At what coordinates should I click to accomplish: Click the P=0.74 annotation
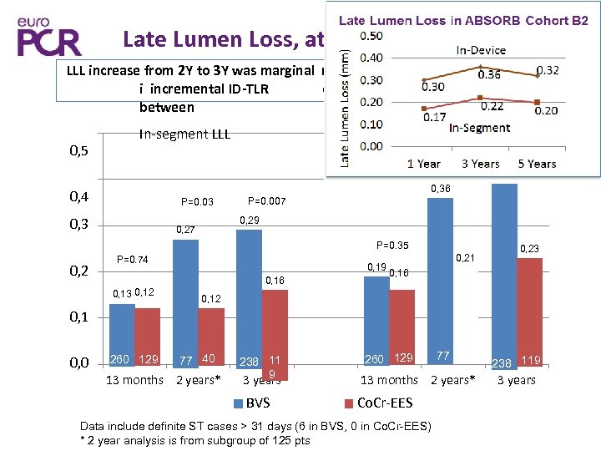click(132, 260)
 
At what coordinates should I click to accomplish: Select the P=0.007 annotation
click(267, 201)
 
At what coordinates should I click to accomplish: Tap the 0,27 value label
click(184, 230)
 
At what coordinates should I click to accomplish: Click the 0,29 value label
click(250, 220)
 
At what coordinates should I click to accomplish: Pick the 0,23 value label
click(529, 248)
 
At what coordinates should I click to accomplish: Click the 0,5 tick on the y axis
click(78, 152)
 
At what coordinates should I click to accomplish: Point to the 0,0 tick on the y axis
click(78, 360)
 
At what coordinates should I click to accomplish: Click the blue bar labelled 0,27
click(185, 301)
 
